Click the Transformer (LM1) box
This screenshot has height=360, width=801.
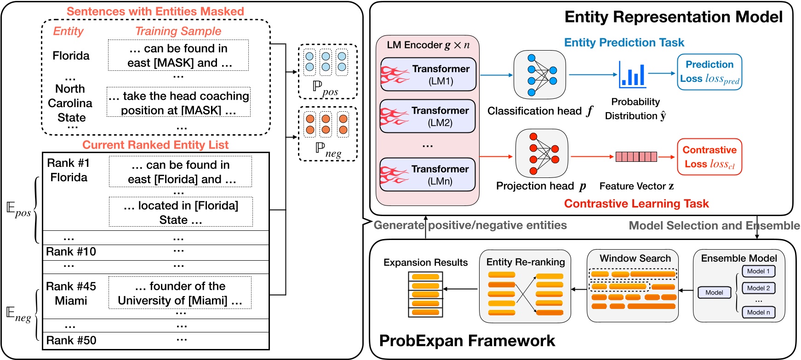428,74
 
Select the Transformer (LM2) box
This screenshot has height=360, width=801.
428,116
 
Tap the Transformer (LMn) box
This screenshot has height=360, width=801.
428,175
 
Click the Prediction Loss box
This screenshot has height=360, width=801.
709,72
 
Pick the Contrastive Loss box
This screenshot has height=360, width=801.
709,157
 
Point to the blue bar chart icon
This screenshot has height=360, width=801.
632,74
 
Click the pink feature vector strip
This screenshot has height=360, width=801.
636,157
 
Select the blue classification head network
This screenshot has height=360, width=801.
540,75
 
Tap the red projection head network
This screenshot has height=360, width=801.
542,154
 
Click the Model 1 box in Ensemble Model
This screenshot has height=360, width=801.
758,271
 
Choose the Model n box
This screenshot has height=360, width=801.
758,312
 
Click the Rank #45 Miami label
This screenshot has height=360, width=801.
71,293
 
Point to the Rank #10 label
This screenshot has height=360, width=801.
71,251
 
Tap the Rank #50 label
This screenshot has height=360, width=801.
71,340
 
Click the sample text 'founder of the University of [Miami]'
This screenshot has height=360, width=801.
180,293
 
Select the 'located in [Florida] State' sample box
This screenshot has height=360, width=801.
181,212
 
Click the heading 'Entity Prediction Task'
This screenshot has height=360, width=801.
624,42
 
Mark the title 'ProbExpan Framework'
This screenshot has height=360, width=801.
467,341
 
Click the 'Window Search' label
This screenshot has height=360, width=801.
635,258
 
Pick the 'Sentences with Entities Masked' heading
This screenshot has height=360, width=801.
155,11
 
